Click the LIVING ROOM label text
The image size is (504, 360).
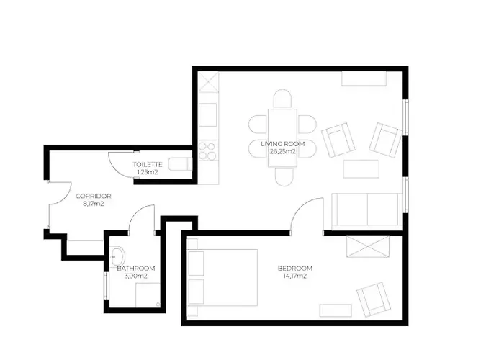(282, 144)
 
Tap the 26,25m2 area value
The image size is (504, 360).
(282, 152)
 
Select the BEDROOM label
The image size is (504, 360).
(295, 269)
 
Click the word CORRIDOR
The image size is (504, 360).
(93, 196)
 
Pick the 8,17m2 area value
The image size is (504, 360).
(93, 204)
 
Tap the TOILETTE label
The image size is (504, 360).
(148, 165)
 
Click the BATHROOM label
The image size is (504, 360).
(136, 269)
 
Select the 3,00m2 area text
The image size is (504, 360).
(136, 276)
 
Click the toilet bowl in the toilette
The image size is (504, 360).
(180, 165)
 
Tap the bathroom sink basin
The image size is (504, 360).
(117, 257)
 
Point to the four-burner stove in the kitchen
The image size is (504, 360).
(207, 151)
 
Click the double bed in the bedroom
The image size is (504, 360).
(222, 277)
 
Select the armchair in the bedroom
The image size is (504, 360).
(374, 300)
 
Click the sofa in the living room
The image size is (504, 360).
(367, 211)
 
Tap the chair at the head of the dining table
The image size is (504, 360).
(282, 99)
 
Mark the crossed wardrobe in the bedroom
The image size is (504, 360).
(368, 246)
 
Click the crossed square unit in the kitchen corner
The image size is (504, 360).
(208, 82)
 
